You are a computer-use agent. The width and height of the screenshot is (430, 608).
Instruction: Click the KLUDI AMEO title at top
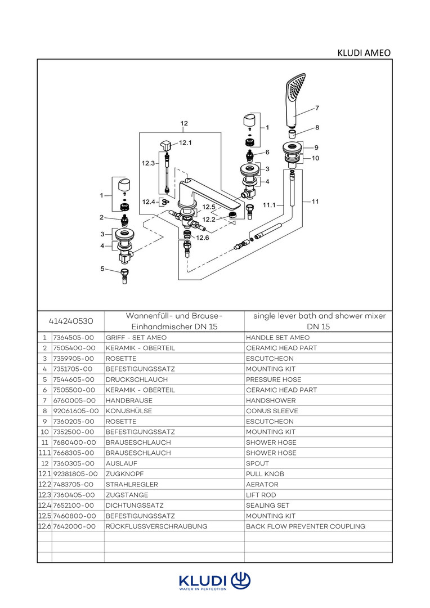point(364,53)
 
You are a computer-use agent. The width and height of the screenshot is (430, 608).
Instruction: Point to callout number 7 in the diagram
point(317,108)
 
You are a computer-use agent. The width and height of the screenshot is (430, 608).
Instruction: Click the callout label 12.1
point(185,143)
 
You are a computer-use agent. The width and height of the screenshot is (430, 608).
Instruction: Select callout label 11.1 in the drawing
point(270,205)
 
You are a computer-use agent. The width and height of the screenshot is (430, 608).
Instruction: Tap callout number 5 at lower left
point(102,269)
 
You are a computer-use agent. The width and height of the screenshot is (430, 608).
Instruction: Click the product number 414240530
point(71,321)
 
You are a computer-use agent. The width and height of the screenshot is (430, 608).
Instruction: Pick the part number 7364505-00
point(73,337)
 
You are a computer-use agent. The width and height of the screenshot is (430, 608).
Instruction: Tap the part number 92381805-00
point(75,474)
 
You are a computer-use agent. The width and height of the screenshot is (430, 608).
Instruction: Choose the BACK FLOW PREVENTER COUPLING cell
point(306,526)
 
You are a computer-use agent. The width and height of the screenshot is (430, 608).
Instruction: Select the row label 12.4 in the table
point(44,506)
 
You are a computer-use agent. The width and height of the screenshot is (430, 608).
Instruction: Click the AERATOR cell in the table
point(262,484)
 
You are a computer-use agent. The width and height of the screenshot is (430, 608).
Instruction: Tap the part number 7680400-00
point(74,442)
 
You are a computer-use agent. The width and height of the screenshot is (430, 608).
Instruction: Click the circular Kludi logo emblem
point(241,580)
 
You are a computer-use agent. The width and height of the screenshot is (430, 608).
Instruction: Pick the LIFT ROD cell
point(262,495)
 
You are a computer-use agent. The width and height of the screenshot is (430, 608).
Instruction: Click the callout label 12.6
point(202,238)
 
